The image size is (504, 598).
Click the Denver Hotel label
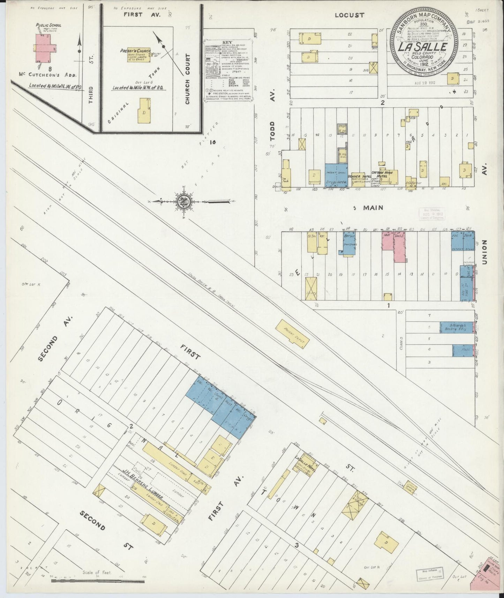pos(361,177)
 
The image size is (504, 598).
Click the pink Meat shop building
pos(388,241)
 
